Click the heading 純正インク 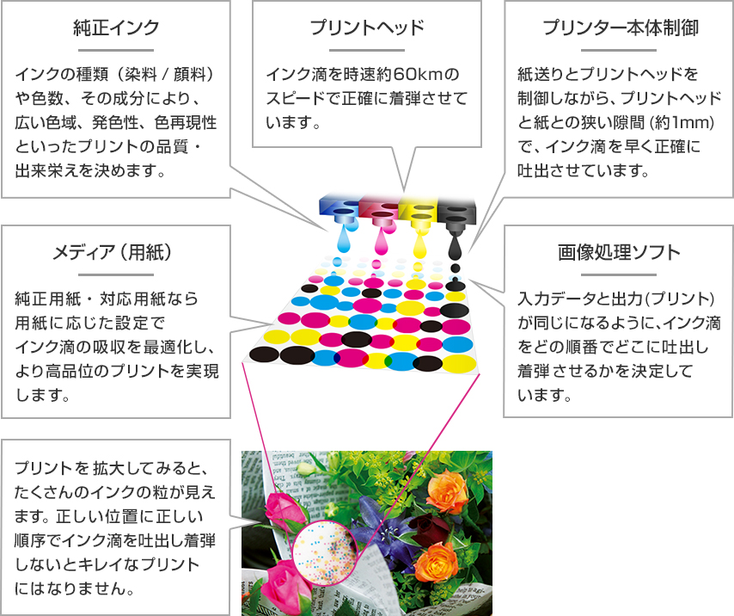[116, 28]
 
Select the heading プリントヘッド [367, 28]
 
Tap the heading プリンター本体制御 [621, 28]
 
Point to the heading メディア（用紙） [114, 252]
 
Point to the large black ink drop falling [456, 247]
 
